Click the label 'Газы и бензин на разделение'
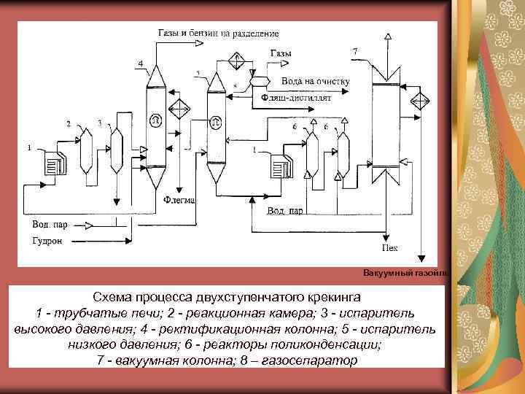click(217, 34)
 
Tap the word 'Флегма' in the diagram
click(178, 198)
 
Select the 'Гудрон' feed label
click(45, 241)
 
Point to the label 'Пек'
click(390, 247)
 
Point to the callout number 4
click(139, 64)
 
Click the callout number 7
click(354, 52)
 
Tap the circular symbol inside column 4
click(155, 119)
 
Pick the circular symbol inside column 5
click(216, 121)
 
